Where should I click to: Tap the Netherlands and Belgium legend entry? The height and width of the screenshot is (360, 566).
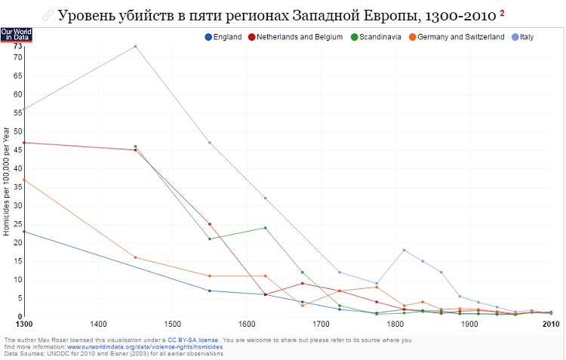300,37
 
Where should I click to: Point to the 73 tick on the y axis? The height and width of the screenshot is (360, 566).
17,46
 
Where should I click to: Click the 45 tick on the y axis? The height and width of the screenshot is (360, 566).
17,150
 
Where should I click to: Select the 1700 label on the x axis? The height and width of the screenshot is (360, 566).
321,325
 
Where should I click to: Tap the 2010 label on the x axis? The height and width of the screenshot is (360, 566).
550,325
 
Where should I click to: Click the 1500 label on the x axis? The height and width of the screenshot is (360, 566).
172,325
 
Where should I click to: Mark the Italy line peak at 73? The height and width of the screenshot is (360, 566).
135,46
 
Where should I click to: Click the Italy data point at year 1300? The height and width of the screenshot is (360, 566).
24,109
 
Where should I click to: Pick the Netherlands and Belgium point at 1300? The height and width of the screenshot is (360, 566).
24,143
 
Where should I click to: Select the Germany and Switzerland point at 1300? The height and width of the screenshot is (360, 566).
24,180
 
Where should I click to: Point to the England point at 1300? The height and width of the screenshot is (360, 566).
24,232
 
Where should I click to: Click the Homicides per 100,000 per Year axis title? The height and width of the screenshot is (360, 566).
5,180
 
